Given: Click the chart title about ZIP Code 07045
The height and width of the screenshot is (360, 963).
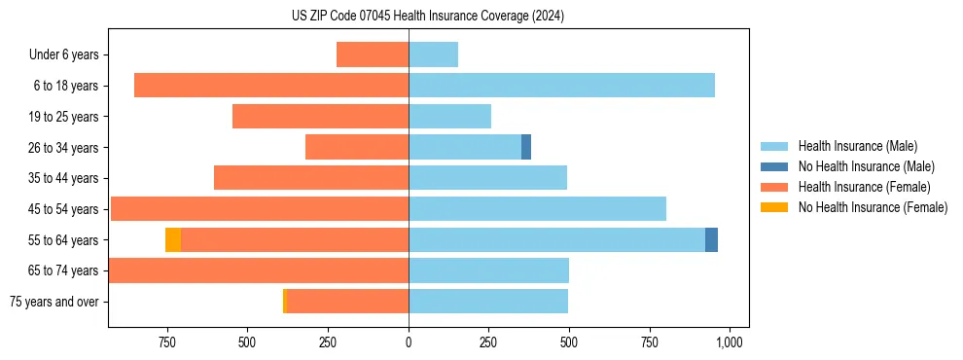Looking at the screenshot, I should (427, 17).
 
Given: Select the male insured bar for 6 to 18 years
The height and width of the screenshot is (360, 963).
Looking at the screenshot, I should (561, 86).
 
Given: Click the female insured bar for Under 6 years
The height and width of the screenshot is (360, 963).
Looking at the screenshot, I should (373, 54).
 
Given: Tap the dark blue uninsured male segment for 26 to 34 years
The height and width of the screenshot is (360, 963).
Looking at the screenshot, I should (526, 147).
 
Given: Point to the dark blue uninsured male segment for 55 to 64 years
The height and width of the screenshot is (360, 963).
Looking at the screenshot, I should (711, 239).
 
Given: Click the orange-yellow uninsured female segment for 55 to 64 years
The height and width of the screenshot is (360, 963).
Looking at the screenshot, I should (173, 239).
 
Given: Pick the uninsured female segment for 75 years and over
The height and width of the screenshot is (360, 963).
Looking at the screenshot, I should (285, 301).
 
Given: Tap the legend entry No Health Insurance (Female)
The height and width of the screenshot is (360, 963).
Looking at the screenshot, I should (873, 207).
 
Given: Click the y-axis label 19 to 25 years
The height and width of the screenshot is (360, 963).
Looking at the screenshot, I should (63, 117).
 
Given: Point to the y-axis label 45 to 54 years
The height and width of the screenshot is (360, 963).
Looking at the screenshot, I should (63, 209).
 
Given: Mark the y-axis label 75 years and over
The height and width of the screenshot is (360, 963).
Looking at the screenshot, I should (54, 302).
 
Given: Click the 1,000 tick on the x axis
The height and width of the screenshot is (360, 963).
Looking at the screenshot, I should (729, 342).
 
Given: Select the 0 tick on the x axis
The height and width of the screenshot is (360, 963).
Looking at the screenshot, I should (409, 342).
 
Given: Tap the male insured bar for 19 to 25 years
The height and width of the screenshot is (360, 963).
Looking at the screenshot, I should (449, 117).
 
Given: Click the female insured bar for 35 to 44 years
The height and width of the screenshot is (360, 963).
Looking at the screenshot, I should (311, 178).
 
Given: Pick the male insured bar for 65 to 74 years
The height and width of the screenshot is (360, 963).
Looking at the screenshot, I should (488, 270).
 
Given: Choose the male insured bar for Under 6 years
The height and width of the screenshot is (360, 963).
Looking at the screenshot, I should (433, 54).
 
